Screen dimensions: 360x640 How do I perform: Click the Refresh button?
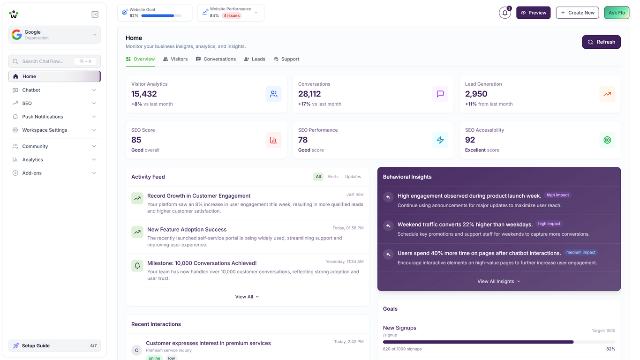coord(601,42)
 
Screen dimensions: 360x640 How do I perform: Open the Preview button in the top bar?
coord(533,13)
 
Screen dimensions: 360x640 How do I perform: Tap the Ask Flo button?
coord(617,13)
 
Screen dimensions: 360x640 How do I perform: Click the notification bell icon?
coord(504,13)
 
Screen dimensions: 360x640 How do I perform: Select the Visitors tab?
coord(175,59)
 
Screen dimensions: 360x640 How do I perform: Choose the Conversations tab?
coord(216,59)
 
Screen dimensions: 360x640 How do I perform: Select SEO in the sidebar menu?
coord(27,103)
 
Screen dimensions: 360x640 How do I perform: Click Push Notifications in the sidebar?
coord(42,117)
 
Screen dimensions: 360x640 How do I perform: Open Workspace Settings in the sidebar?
coord(45,130)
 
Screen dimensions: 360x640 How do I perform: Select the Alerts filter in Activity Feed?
coord(333,177)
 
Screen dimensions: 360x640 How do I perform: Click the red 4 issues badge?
coord(232,15)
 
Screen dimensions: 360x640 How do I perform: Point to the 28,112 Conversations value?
coord(309,94)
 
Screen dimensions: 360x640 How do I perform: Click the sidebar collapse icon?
coord(95,15)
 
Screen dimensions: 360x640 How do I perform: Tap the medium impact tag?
coord(581,252)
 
